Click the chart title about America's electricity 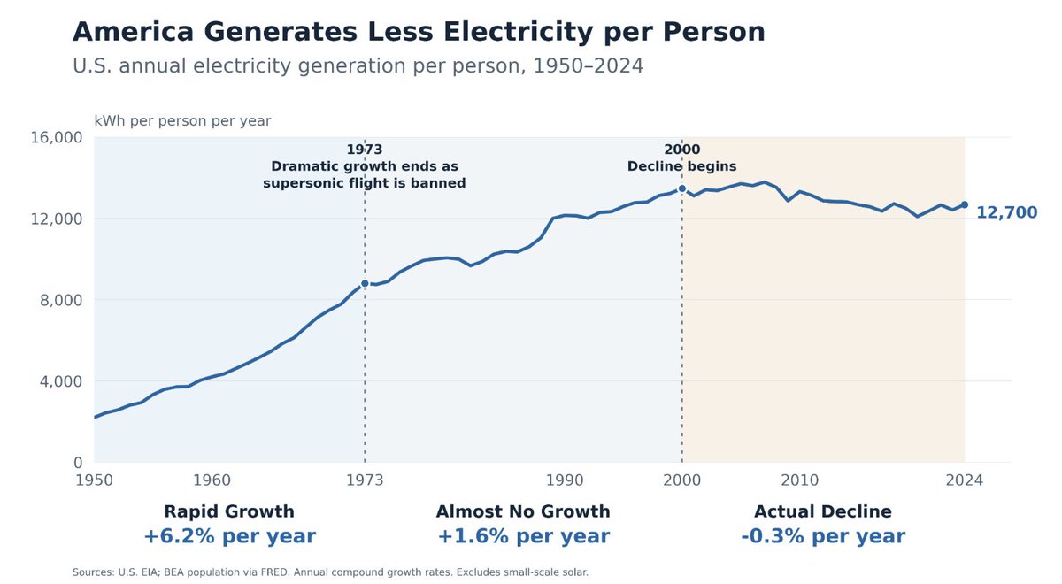(x=419, y=32)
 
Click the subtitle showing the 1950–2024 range (x=358, y=65)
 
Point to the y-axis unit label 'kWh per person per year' (x=182, y=121)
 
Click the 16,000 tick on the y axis (x=57, y=137)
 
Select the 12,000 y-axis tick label (x=57, y=219)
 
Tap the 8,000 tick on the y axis (x=61, y=300)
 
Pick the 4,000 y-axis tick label (x=61, y=381)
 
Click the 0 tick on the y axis (x=78, y=463)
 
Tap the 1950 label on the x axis (x=95, y=480)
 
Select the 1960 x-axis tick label (x=212, y=480)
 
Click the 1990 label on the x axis (x=565, y=480)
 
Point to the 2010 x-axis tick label (x=800, y=480)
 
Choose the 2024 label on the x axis (x=965, y=480)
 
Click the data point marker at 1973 (x=365, y=283)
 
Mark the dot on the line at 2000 (x=682, y=188)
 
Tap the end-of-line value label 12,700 (x=1007, y=212)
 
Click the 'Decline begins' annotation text (x=682, y=166)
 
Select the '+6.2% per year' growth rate (x=229, y=536)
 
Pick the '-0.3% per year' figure (x=823, y=536)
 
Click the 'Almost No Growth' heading (x=523, y=511)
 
